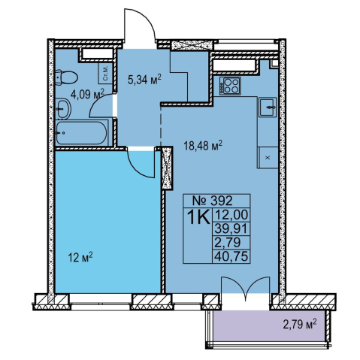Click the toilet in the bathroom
[x=66, y=77]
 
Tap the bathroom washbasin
[x=63, y=109]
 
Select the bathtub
[x=82, y=133]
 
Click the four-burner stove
[x=230, y=86]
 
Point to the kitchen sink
[x=268, y=107]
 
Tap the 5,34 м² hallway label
[x=144, y=80]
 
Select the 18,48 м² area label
[x=203, y=145]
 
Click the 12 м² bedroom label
[x=80, y=257]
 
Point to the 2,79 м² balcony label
[x=300, y=325]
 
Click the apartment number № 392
[x=213, y=201]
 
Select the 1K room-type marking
[x=198, y=217]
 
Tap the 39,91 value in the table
[x=231, y=228]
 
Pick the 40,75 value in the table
[x=231, y=256]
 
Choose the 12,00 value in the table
[x=231, y=215]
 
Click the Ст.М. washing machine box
[x=105, y=73]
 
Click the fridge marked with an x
[x=268, y=158]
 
